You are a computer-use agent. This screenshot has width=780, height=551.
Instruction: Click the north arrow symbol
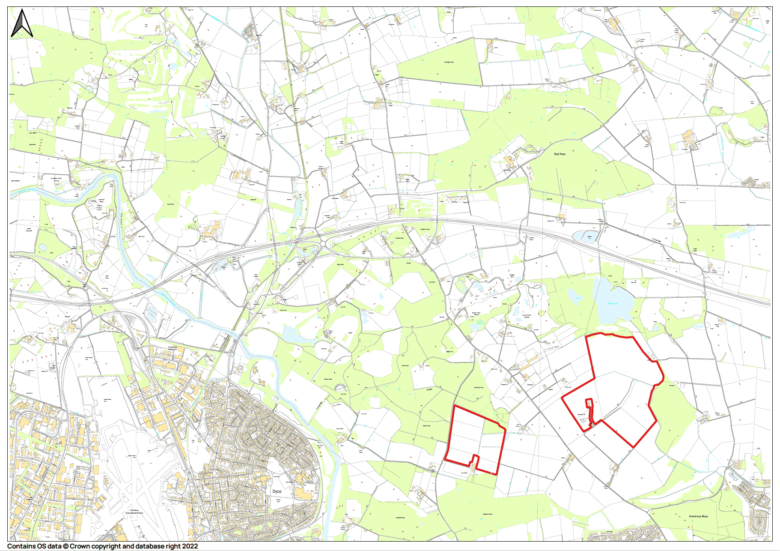click(x=22, y=23)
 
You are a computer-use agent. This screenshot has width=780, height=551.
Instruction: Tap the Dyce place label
click(x=277, y=491)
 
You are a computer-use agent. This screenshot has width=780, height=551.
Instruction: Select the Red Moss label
click(x=560, y=154)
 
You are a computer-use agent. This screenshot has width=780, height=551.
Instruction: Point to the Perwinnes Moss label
click(x=698, y=516)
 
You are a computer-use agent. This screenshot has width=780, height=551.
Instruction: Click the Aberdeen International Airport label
click(x=134, y=512)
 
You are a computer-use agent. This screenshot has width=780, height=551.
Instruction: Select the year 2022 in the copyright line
click(x=190, y=546)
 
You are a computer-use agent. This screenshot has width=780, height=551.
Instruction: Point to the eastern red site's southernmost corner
click(x=633, y=447)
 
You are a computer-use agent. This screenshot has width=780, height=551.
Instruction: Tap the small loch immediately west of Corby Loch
click(x=574, y=296)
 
